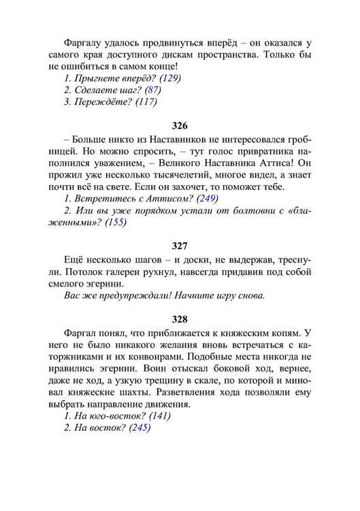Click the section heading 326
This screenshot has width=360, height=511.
click(180, 126)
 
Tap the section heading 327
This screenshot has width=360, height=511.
click(180, 246)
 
